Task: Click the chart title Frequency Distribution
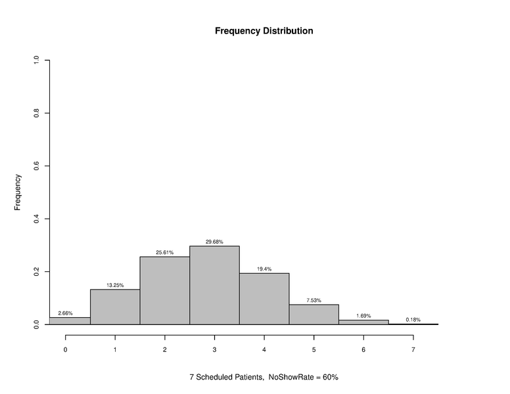coord(264,31)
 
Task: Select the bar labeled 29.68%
coord(214,285)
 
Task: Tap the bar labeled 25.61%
coord(165,290)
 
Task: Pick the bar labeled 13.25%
coord(115,307)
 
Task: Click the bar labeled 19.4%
coord(264,299)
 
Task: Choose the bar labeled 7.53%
coord(313,315)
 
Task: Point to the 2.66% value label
coord(65,313)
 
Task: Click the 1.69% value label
coord(363,316)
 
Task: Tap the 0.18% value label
coord(413,320)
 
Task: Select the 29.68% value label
coord(214,242)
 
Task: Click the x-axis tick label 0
coord(65,349)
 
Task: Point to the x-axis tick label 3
coord(214,349)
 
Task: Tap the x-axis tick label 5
coord(313,349)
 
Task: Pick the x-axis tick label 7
coord(413,349)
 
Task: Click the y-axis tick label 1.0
coord(37,60)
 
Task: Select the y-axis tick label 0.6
coord(37,166)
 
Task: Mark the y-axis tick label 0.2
coord(37,272)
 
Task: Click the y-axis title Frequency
coord(18,192)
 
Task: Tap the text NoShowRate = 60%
coord(303,378)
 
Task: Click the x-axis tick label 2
coord(165,349)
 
